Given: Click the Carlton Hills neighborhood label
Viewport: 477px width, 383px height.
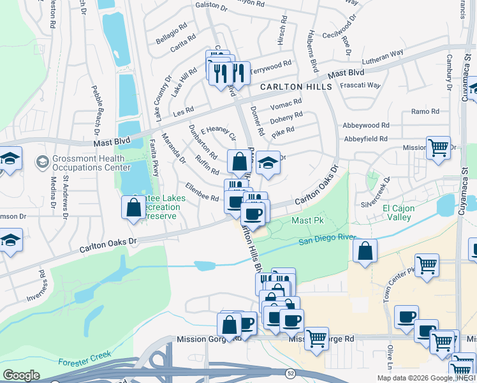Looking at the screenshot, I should [x=295, y=87].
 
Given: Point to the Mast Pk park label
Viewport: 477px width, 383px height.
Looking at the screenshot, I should [x=304, y=220].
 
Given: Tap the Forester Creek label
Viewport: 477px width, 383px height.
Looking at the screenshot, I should [x=85, y=358].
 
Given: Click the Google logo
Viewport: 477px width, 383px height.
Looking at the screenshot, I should [x=21, y=375].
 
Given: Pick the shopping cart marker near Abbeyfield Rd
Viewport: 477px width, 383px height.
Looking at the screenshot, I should [x=438, y=147].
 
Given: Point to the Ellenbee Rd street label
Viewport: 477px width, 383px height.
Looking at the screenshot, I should [x=202, y=193].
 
